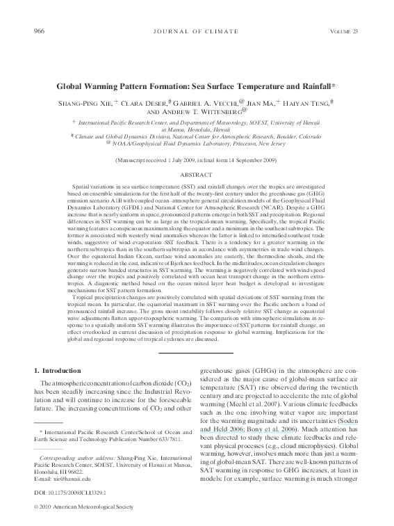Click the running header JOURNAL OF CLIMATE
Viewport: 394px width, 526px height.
click(197, 31)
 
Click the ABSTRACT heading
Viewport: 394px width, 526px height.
click(197, 175)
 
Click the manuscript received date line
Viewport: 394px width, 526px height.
click(197, 160)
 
